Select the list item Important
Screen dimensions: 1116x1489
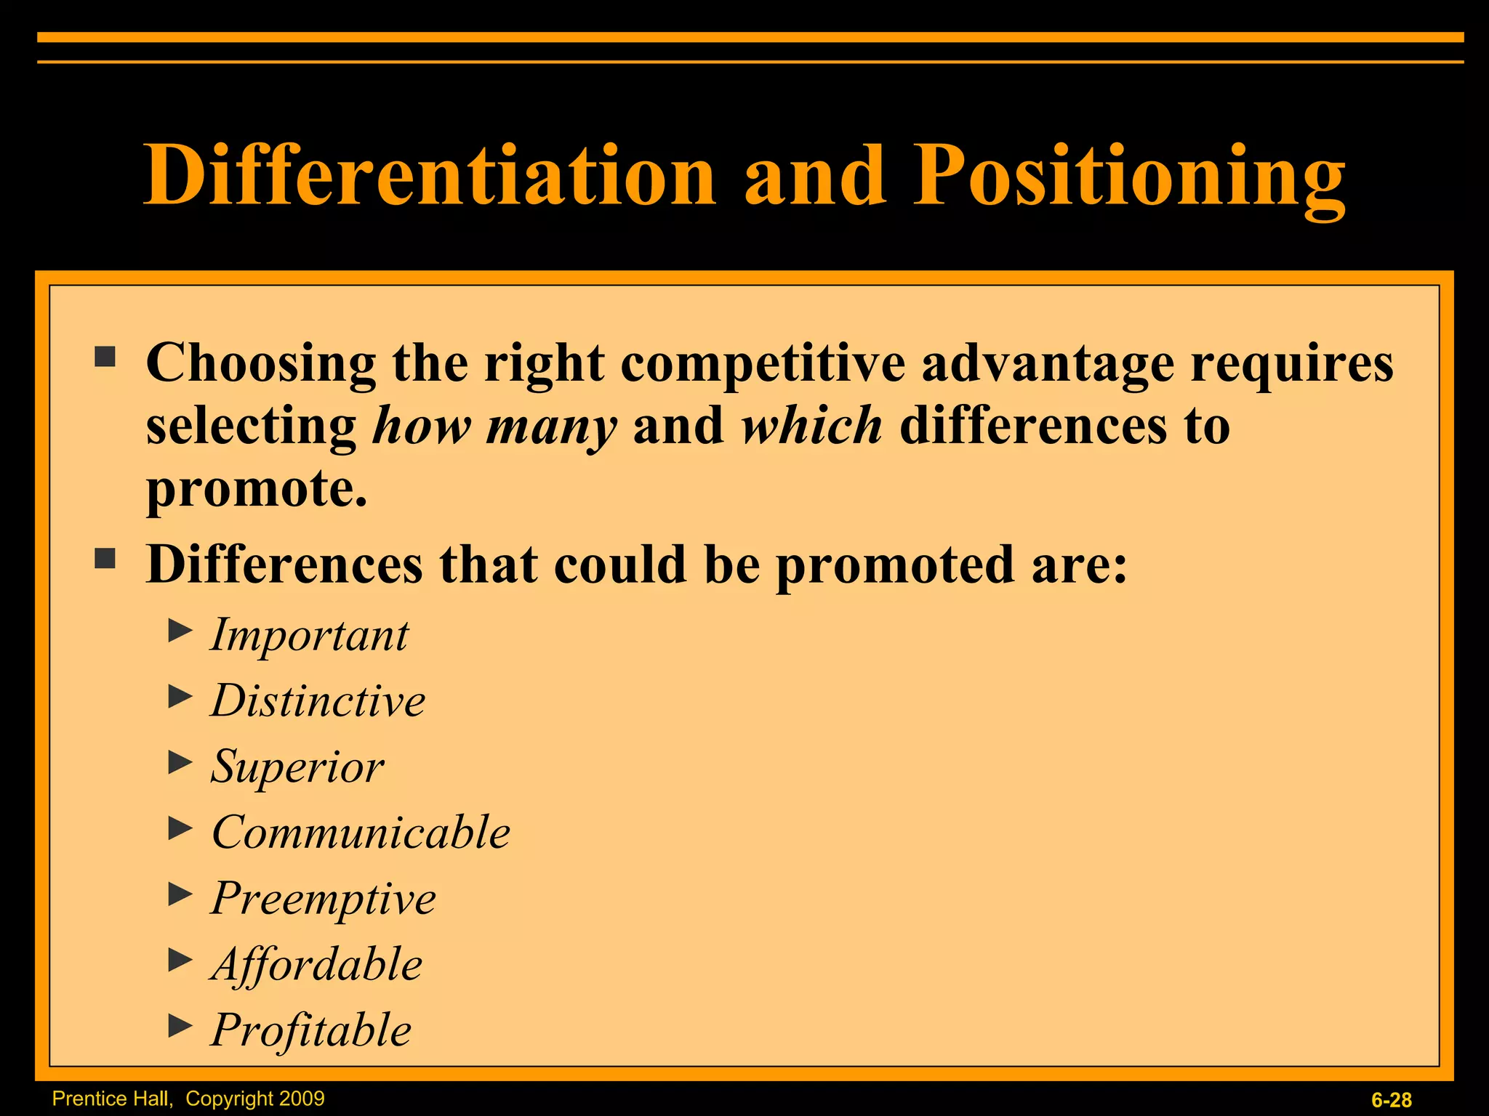pos(310,635)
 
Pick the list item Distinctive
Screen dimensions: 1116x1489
pos(318,700)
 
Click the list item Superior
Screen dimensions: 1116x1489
pos(297,767)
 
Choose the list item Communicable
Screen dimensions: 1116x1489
pos(361,832)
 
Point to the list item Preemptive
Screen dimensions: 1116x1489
pos(324,899)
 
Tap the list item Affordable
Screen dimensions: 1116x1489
pos(317,965)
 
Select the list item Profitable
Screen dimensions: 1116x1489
pos(311,1030)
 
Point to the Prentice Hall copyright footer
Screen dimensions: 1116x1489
pos(188,1099)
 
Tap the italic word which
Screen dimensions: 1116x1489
pos(811,426)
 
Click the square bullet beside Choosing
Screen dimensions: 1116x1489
pos(105,357)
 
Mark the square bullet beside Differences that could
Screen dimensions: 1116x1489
pos(105,559)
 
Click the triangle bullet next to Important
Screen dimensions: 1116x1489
pos(180,630)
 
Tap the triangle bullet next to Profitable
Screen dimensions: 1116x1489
pos(180,1025)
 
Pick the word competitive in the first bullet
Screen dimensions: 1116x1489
pos(763,363)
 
